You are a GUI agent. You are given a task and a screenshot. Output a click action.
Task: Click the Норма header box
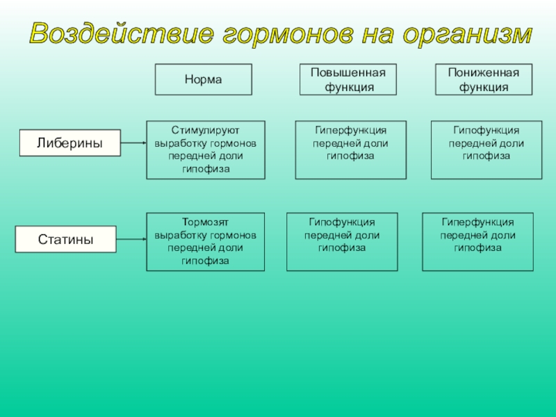(x=203, y=80)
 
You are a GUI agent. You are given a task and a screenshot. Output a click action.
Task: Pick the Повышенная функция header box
(x=347, y=80)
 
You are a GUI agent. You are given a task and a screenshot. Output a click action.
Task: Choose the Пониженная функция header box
(x=483, y=80)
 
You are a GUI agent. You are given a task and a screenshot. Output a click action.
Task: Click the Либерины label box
(x=69, y=142)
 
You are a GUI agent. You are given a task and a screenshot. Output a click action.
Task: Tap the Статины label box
(x=65, y=240)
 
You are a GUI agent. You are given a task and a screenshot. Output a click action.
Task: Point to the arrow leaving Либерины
(x=133, y=143)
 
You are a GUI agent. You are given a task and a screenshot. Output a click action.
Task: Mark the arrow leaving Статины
(x=130, y=240)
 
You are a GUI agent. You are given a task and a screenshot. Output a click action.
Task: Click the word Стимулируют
(x=206, y=130)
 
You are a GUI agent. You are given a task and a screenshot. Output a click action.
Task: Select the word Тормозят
(x=206, y=222)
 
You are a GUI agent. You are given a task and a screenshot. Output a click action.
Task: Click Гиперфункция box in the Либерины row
(x=350, y=150)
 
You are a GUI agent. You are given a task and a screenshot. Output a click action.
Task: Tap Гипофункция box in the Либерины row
(x=486, y=150)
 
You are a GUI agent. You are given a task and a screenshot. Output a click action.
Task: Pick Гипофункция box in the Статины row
(x=342, y=242)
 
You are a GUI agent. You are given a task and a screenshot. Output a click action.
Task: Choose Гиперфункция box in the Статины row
(x=477, y=242)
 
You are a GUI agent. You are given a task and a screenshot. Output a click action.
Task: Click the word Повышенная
(x=347, y=74)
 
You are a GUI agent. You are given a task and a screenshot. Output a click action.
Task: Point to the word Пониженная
(x=483, y=74)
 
